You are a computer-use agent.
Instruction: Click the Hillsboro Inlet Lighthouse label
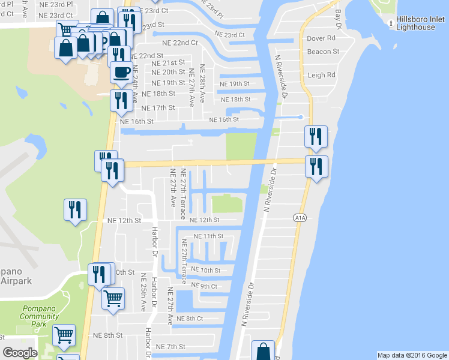(421, 24)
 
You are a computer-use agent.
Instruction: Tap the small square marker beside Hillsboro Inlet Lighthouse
(391, 21)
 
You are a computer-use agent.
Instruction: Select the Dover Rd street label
(321, 38)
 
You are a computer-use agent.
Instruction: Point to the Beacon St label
(323, 52)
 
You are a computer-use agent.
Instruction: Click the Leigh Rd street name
(321, 75)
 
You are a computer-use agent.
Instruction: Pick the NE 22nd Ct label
(179, 43)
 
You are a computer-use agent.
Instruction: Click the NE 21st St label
(169, 62)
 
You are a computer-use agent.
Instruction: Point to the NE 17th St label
(158, 107)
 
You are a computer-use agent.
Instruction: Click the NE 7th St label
(171, 347)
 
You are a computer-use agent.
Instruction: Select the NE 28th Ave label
(203, 83)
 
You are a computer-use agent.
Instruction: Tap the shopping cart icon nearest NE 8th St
(64, 335)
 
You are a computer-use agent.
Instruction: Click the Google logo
(20, 353)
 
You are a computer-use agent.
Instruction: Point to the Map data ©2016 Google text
(412, 355)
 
